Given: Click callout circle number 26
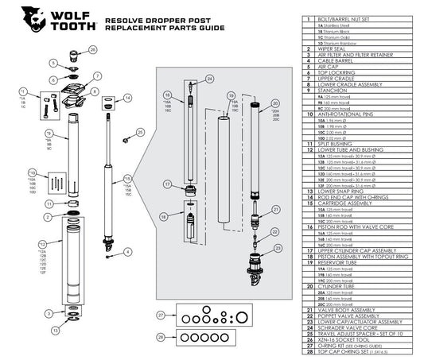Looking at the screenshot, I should pos(92,49).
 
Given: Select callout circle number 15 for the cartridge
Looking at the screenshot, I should pos(126,179).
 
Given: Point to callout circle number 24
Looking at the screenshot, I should pos(209,79).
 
